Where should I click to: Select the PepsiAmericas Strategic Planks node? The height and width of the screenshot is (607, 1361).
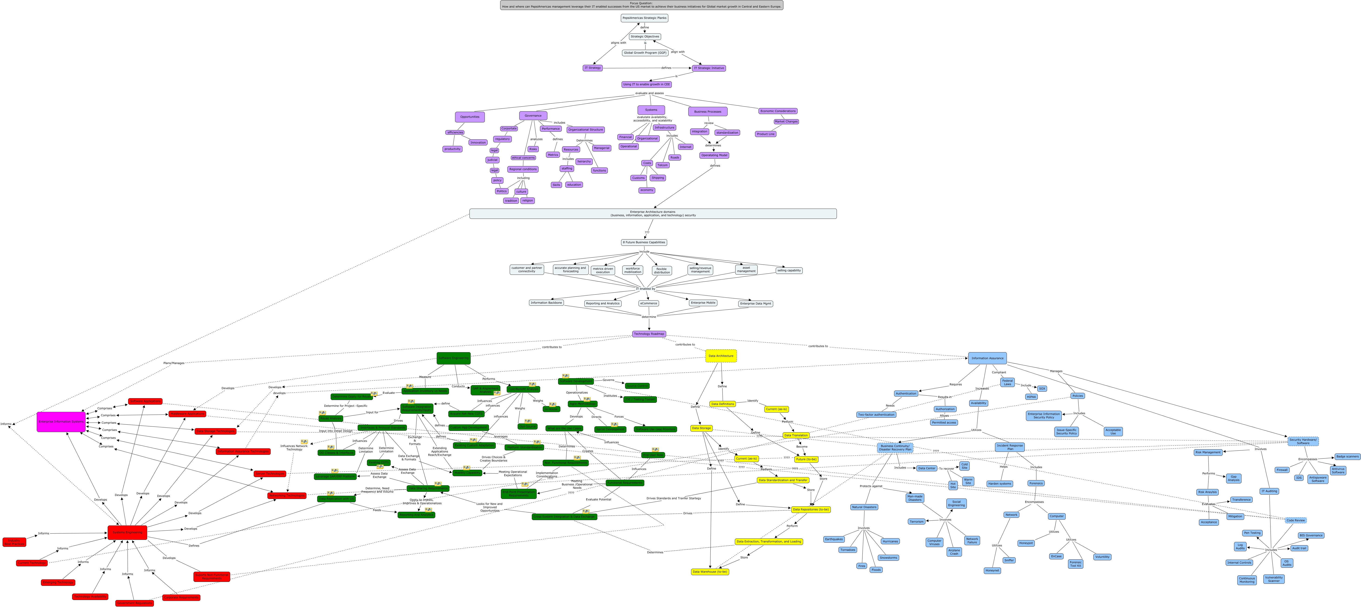[x=644, y=18]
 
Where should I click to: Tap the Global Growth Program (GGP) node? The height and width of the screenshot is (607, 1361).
[x=645, y=53]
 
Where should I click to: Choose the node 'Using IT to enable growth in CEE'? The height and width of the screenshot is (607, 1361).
[x=646, y=85]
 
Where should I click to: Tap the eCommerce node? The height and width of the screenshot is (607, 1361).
[x=648, y=303]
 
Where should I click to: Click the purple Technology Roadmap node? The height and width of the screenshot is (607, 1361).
[x=649, y=334]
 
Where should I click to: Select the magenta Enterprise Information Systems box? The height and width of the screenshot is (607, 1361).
[x=61, y=422]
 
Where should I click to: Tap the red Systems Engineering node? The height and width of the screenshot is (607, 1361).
[x=127, y=533]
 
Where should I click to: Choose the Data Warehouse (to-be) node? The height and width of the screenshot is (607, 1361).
[x=709, y=572]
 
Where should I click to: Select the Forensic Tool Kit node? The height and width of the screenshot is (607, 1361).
[x=1075, y=564]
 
